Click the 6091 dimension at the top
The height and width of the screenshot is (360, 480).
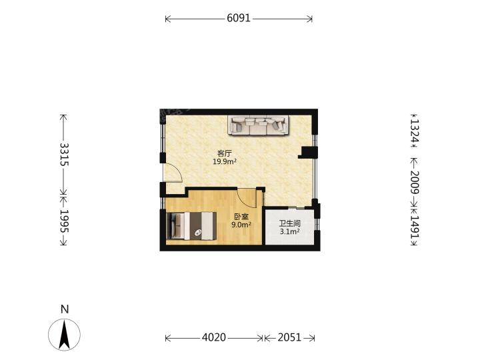pos(239,19)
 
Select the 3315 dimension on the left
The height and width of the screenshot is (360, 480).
pos(64,154)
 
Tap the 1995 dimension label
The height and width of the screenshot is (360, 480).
pos(64,221)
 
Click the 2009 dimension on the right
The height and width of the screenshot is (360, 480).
pos(414,182)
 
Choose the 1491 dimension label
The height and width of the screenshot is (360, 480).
pos(414,227)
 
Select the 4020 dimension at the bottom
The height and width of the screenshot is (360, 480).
pos(214,337)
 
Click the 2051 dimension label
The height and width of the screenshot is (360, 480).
pos(289,337)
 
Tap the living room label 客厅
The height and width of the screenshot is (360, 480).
pos(225,153)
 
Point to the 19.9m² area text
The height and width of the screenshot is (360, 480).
pos(225,161)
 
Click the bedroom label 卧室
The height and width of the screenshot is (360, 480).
pos(241,217)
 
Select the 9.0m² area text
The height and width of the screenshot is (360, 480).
pos(241,225)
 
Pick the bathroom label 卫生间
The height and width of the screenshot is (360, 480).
pos(289,223)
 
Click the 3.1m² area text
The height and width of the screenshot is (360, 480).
pos(289,231)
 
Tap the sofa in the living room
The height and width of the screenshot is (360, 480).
pos(258,125)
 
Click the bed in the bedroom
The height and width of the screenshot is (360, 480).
pos(191,226)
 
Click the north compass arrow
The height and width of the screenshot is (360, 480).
pos(64,335)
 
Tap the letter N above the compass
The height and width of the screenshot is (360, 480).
pos(65,309)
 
